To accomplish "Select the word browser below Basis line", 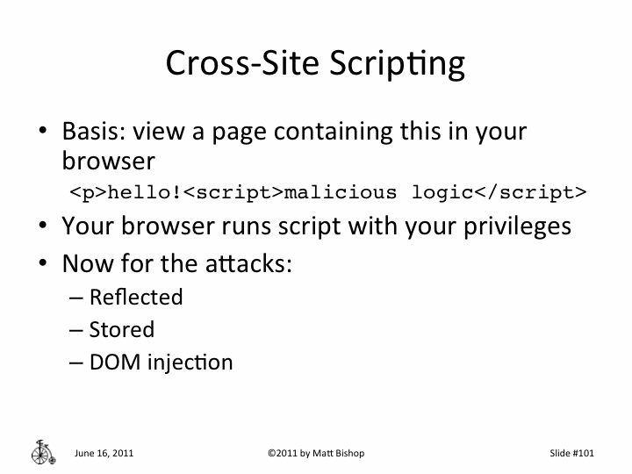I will point(108,162).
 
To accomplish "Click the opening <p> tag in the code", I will point(89,192).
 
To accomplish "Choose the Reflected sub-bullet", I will point(136,298).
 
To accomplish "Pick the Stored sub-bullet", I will point(121,330).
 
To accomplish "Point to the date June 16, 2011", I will point(104,454).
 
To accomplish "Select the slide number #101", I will point(583,454).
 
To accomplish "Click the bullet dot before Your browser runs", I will point(41,226).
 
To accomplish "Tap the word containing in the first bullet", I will point(333,133).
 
